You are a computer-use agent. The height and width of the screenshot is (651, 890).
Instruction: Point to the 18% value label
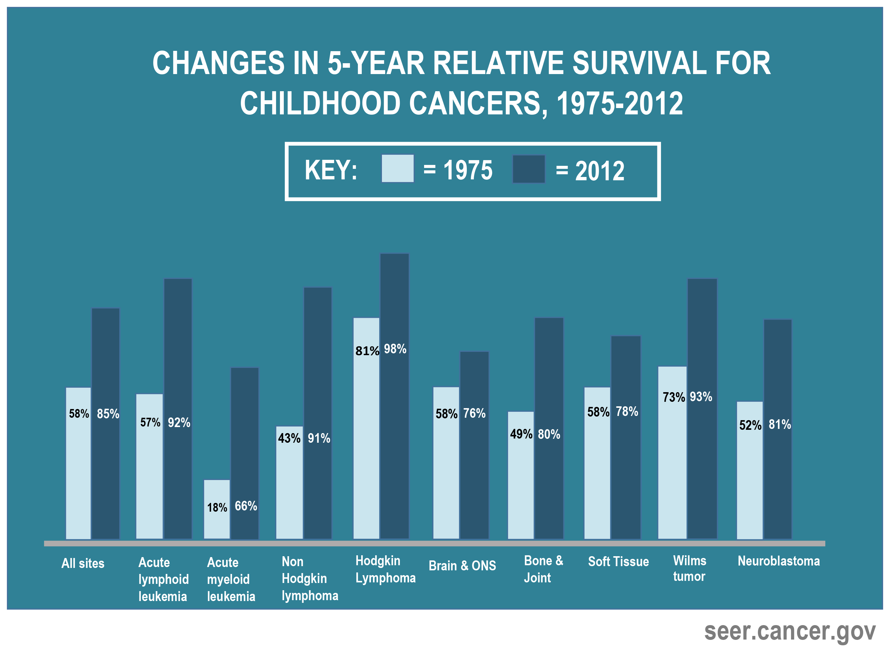[x=217, y=507]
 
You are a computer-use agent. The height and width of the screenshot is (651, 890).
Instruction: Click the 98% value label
[x=395, y=349]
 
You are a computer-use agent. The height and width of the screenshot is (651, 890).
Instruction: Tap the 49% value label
[x=521, y=434]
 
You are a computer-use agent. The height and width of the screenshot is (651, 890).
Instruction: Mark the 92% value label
[x=179, y=423]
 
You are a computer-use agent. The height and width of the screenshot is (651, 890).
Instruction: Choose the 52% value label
[x=750, y=425]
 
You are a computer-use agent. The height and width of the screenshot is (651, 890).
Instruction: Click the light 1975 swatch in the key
[x=398, y=169]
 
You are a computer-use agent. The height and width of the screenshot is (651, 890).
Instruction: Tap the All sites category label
[x=83, y=563]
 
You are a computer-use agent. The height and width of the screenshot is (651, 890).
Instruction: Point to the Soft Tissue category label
[x=618, y=562]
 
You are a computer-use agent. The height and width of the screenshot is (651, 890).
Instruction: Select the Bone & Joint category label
[x=543, y=569]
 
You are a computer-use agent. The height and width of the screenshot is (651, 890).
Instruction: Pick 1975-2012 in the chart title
[x=619, y=103]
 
